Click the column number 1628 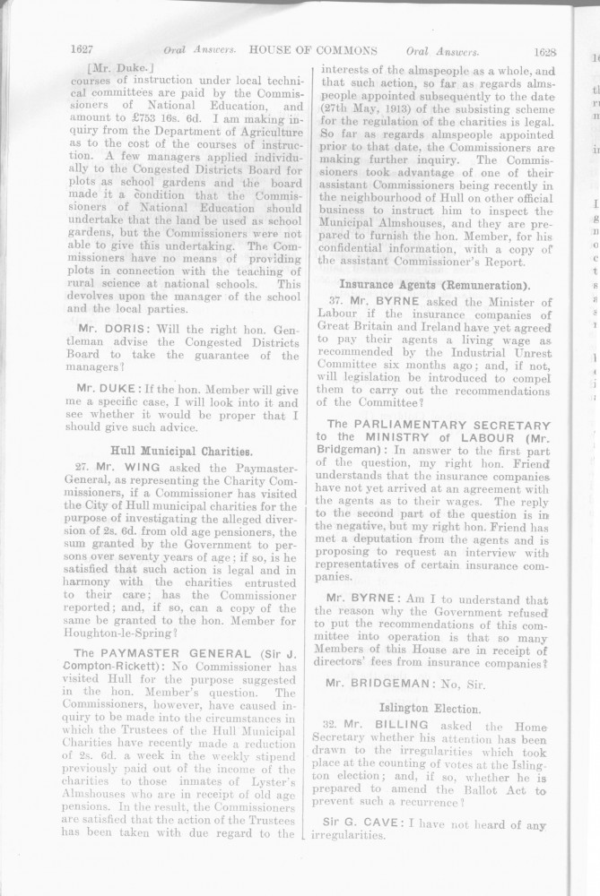(545, 53)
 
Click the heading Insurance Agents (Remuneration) (434, 284)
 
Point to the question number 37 (337, 302)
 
